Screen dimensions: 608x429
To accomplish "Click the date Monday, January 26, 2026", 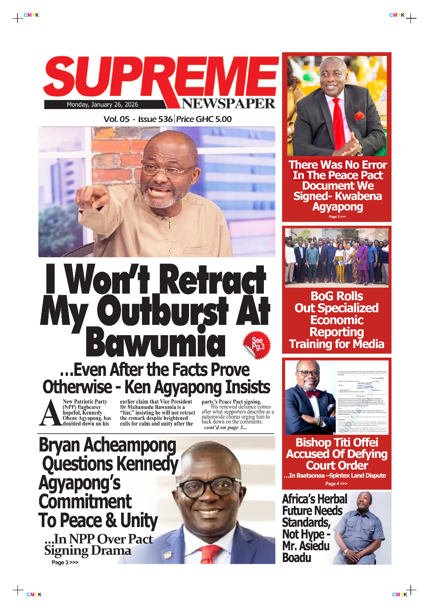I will tap(102, 104).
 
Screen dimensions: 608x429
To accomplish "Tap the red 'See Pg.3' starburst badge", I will tap(257, 344).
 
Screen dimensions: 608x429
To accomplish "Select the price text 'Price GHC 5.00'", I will tap(204, 119).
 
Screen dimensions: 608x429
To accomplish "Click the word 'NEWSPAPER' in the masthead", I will tap(228, 103).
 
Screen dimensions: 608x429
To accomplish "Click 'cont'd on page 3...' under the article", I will tap(226, 427).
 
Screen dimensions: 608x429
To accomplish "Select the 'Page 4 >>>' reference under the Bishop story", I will tap(336, 484).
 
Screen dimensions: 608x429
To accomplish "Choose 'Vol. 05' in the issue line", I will tap(117, 119).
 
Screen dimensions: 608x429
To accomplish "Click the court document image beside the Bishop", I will tap(362, 397).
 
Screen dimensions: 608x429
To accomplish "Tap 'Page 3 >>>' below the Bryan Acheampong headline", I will tap(65, 562).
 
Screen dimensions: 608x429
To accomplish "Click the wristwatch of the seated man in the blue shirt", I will tap(345, 551).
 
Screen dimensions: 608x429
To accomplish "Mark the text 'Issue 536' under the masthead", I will tap(155, 119).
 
